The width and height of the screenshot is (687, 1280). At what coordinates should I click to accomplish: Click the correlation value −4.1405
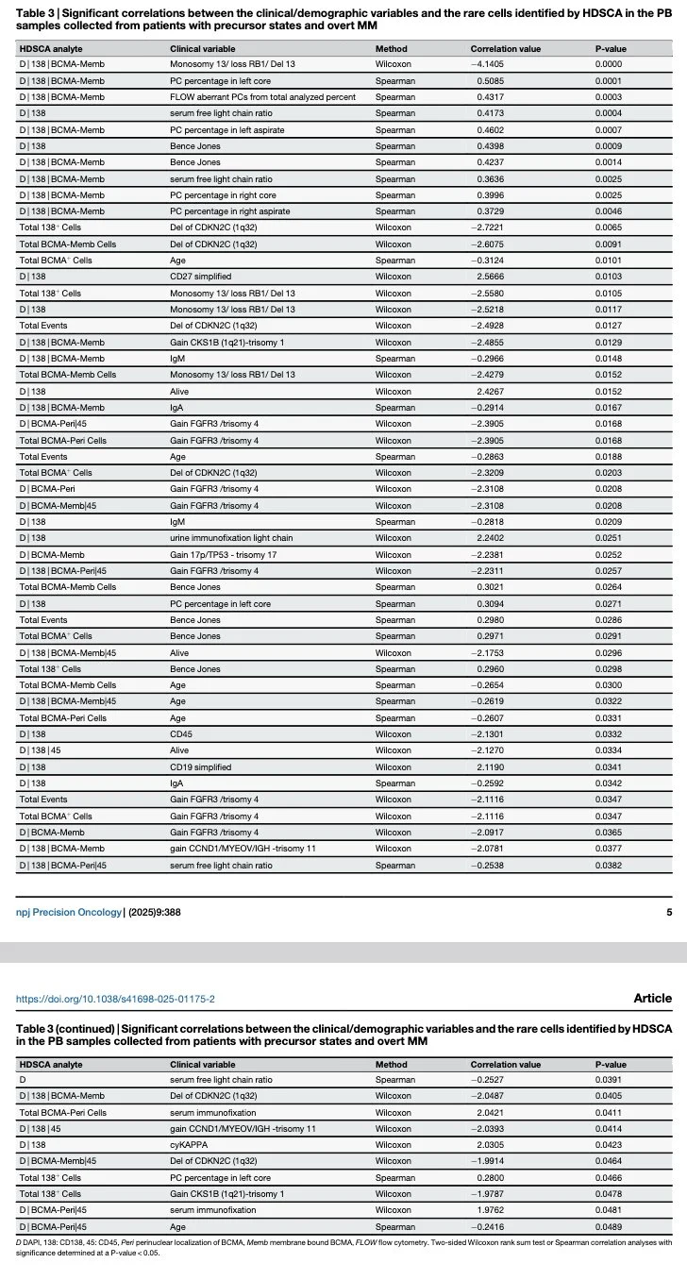488,64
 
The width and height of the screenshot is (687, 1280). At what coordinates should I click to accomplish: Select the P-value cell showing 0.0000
608,64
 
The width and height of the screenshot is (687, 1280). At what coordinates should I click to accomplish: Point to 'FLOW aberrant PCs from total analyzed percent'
262,97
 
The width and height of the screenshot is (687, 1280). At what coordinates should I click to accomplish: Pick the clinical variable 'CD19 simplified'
203,767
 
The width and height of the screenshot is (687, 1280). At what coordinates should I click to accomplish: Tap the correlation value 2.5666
490,277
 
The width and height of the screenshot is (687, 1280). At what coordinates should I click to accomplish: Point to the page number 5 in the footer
669,912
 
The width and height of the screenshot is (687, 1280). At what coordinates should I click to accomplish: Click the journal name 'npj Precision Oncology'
69,912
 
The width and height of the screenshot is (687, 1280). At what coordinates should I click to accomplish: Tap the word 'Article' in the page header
652,998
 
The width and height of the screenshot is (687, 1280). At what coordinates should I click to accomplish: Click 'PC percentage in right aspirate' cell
229,211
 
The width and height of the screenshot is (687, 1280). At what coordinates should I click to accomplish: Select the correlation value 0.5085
490,81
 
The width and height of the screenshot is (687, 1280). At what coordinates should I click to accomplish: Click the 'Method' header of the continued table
391,1065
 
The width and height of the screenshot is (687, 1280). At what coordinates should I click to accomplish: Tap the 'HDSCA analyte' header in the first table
51,48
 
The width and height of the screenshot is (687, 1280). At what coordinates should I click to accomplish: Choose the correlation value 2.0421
490,1112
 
